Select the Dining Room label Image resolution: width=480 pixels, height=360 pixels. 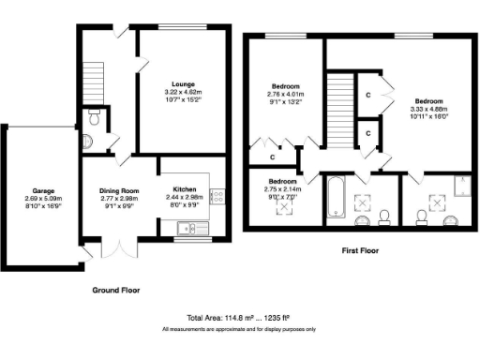[x=119, y=190]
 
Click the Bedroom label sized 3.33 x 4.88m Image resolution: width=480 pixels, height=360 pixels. [x=428, y=100]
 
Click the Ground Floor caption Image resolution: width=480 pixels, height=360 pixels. [x=116, y=291]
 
